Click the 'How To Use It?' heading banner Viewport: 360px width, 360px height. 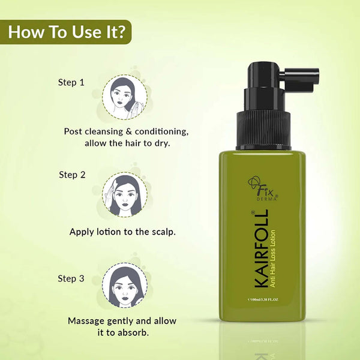67,31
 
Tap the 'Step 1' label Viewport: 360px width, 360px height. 71,82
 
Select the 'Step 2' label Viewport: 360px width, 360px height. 72,175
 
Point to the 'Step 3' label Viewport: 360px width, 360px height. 71,278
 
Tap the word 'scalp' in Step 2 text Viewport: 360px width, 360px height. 161,231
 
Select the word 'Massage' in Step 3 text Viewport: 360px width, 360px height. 88,321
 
